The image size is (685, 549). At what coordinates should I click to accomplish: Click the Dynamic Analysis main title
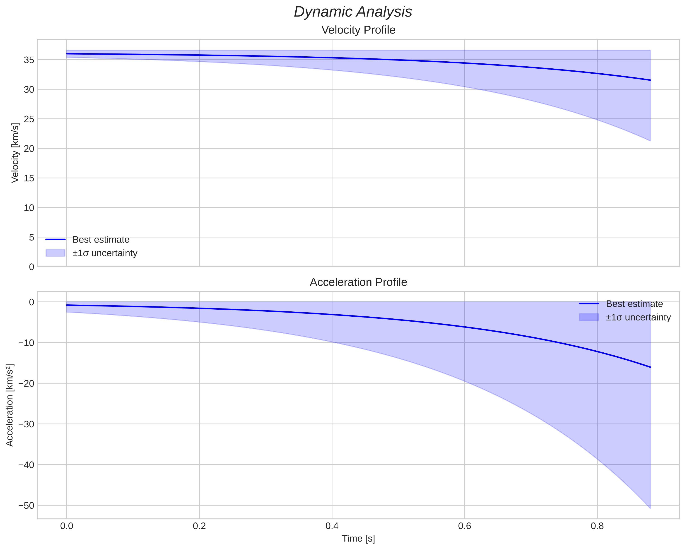353,12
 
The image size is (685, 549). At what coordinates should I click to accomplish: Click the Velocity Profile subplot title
358,30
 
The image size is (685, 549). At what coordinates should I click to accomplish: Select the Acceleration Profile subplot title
358,282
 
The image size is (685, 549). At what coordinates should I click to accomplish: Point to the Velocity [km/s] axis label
15,153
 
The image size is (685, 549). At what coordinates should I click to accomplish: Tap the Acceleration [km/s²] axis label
10,405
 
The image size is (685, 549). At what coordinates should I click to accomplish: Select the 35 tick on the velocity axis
29,60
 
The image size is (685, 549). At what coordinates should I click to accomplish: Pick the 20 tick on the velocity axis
29,149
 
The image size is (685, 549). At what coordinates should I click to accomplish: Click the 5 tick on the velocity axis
31,237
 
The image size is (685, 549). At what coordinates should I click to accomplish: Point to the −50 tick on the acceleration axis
26,506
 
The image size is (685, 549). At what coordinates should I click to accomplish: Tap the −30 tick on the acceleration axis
26,424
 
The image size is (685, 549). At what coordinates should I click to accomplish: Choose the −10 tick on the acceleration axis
26,343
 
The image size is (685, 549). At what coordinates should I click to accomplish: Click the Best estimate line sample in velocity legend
55,239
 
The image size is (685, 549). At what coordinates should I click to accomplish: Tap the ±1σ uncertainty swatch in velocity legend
55,253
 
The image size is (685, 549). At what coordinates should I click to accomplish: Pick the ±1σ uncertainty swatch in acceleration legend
589,317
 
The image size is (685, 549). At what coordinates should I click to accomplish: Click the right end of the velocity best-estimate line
650,80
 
